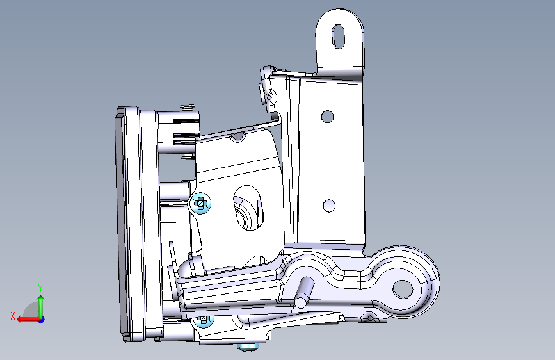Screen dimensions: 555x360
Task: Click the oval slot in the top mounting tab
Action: (339, 37)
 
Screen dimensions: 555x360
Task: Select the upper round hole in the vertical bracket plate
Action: (327, 117)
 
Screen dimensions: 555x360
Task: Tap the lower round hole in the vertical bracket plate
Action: (329, 206)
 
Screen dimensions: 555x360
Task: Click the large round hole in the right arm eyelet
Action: (403, 289)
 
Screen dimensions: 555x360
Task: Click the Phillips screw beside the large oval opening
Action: (201, 204)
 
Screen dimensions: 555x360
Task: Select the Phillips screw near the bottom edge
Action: (204, 321)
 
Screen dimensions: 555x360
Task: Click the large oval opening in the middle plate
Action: (248, 208)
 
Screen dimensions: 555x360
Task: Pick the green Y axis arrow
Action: (41, 306)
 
